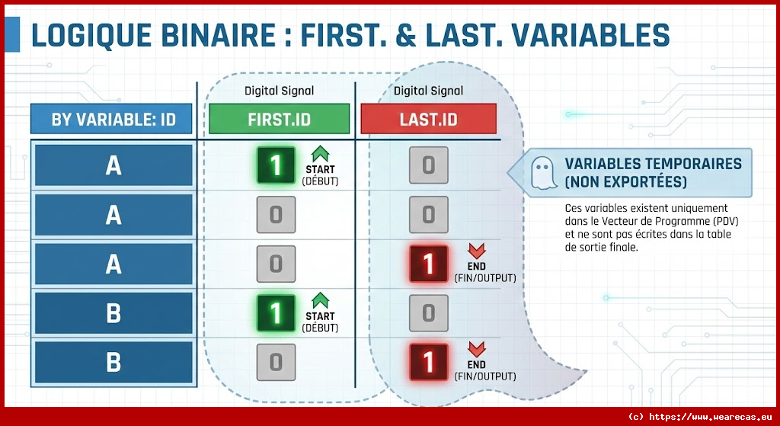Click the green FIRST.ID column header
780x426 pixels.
(x=279, y=120)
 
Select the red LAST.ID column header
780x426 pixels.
(x=428, y=120)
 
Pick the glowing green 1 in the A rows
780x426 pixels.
(x=276, y=165)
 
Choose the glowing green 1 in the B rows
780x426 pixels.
(x=276, y=312)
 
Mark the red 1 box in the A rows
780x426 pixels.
(x=428, y=264)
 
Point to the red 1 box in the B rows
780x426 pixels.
(x=428, y=361)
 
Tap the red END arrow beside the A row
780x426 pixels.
(x=476, y=251)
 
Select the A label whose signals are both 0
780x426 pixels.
(x=113, y=215)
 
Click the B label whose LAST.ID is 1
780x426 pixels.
(x=113, y=361)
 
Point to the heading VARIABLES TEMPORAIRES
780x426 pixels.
(x=653, y=164)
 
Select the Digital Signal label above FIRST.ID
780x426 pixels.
(x=279, y=91)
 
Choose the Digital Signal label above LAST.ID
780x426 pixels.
(x=428, y=91)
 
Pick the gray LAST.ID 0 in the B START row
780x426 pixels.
(x=428, y=312)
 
